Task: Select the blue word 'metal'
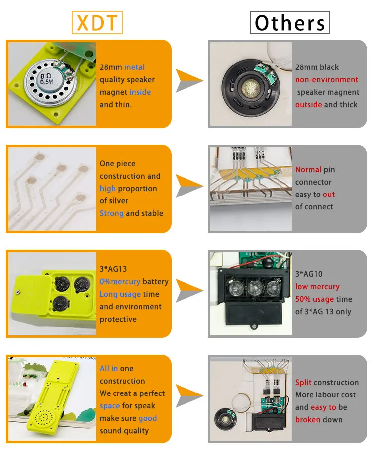click(x=134, y=67)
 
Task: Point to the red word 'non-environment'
click(x=327, y=80)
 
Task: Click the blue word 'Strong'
click(x=112, y=213)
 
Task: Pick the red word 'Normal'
click(x=308, y=170)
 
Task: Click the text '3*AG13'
click(x=113, y=269)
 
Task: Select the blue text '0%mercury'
click(x=120, y=282)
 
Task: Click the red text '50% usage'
click(x=314, y=299)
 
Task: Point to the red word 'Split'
click(x=303, y=383)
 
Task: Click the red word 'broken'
click(x=308, y=420)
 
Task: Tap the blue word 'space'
click(x=110, y=406)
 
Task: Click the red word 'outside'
click(x=308, y=105)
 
